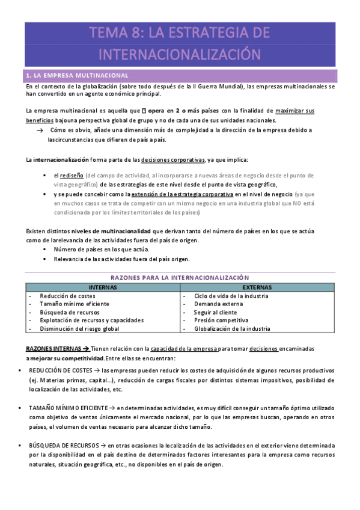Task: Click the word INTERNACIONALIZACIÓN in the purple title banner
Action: click(180, 54)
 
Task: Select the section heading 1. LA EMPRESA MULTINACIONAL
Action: click(76, 76)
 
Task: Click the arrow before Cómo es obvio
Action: click(40, 130)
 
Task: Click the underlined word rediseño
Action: click(72, 175)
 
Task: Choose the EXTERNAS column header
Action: click(257, 287)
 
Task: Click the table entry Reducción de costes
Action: click(67, 296)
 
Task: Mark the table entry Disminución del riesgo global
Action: click(79, 329)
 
